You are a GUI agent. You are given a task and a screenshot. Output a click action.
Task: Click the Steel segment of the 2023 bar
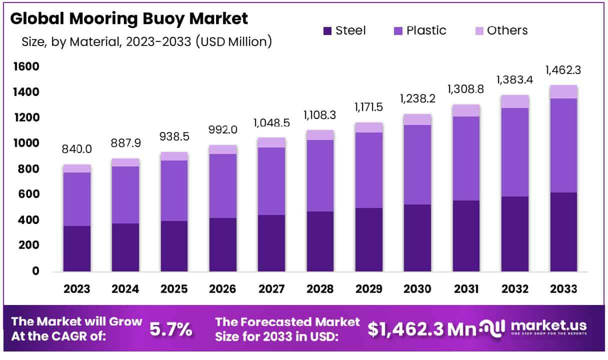pyautogui.click(x=77, y=248)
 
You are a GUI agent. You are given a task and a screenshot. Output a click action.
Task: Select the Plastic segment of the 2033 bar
pyautogui.click(x=564, y=145)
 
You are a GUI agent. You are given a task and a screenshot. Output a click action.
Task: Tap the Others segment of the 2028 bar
pyautogui.click(x=320, y=135)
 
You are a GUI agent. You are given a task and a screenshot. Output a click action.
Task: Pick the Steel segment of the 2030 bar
pyautogui.click(x=418, y=238)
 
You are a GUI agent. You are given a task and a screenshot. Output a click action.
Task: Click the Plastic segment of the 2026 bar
pyautogui.click(x=223, y=186)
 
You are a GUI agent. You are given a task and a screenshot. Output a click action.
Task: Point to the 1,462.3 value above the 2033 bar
pyautogui.click(x=564, y=70)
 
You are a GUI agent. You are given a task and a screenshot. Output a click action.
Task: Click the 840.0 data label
pyautogui.click(x=77, y=149)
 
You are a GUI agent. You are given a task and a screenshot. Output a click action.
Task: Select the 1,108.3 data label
pyautogui.click(x=320, y=115)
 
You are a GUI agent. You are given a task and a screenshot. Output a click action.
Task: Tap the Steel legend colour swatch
pyautogui.click(x=327, y=30)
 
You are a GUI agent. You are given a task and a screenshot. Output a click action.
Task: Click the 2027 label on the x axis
pyautogui.click(x=271, y=289)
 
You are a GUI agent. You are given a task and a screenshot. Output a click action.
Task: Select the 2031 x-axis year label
pyautogui.click(x=466, y=289)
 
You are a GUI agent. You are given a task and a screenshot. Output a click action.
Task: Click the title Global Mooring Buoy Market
pyautogui.click(x=128, y=18)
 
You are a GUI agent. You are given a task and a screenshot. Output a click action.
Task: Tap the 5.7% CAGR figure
pyautogui.click(x=171, y=329)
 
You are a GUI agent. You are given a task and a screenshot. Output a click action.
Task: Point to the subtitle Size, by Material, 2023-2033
pyautogui.click(x=146, y=42)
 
